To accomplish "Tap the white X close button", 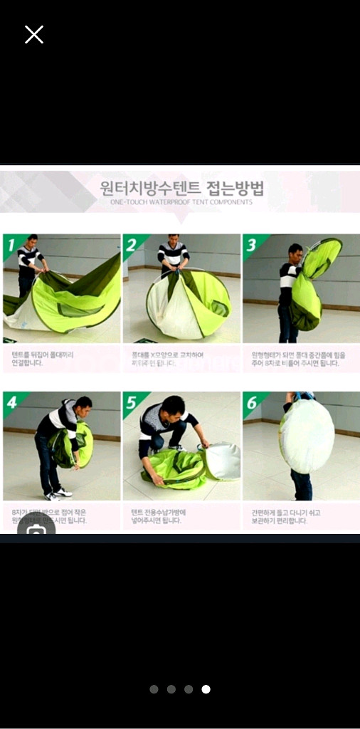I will point(34,34).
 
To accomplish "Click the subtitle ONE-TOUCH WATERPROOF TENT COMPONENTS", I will point(181,202).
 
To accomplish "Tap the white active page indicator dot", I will point(206,689).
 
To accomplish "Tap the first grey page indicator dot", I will point(154,689).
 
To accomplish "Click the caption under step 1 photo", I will point(43,358).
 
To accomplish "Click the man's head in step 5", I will point(171,409).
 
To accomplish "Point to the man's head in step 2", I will point(174,239).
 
